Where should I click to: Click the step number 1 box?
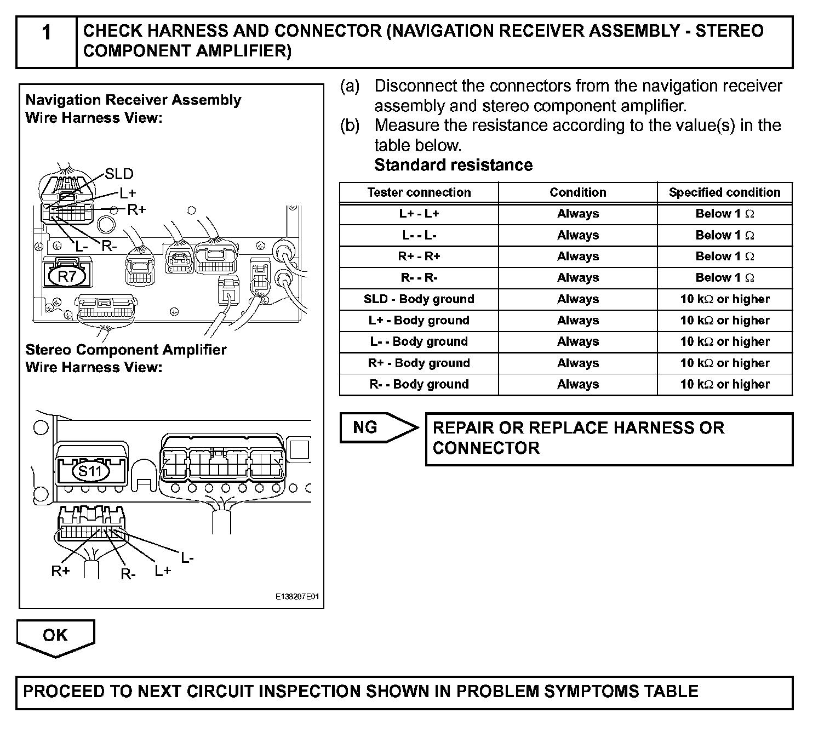[x=47, y=42]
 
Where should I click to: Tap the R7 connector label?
[x=67, y=276]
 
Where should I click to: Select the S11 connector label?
[x=91, y=471]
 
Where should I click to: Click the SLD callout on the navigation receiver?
[x=119, y=174]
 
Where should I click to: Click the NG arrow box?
[x=378, y=427]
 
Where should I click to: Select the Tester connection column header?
[x=419, y=192]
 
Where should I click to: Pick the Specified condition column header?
[x=724, y=192]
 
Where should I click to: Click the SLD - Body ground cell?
[x=419, y=299]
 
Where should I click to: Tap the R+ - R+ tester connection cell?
[x=419, y=256]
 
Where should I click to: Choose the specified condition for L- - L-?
[x=724, y=235]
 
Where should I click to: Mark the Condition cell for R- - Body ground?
[x=577, y=384]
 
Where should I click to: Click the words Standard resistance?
[x=453, y=165]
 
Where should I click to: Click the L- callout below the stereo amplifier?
[x=187, y=558]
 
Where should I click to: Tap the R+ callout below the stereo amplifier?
[x=60, y=571]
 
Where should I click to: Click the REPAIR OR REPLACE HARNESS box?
[x=609, y=438]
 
